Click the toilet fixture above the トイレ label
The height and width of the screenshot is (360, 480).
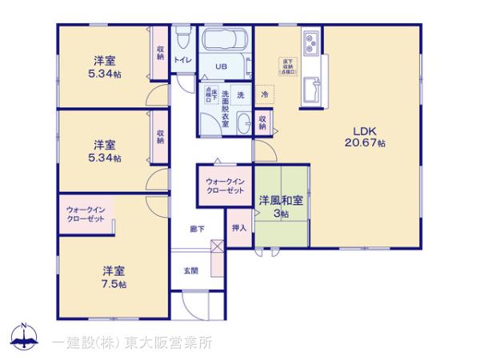pyautogui.click(x=182, y=38)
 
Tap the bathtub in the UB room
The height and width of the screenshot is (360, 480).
pyautogui.click(x=224, y=40)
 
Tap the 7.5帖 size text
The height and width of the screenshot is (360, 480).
pyautogui.click(x=114, y=284)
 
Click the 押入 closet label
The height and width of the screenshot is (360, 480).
pyautogui.click(x=238, y=226)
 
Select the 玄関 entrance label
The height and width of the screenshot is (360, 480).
pyautogui.click(x=191, y=270)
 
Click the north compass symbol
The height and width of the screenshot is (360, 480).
pyautogui.click(x=26, y=338)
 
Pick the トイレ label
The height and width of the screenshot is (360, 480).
pyautogui.click(x=182, y=60)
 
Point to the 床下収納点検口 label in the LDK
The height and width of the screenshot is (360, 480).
pyautogui.click(x=287, y=66)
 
